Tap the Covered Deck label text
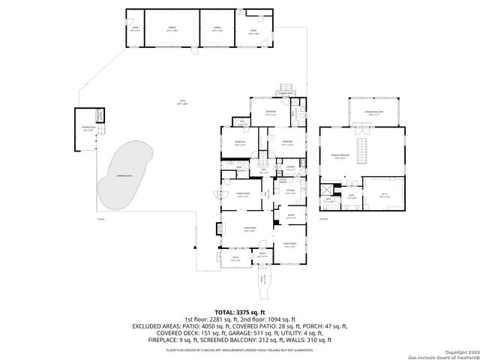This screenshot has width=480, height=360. [88, 128]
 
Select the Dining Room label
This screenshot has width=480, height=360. [243, 194]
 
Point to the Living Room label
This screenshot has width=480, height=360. [249, 229]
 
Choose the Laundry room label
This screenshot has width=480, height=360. [289, 167]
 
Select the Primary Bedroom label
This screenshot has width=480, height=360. [343, 157]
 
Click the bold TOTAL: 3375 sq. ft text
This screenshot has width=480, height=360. [240, 312]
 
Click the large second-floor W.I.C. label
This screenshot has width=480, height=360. [383, 194]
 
